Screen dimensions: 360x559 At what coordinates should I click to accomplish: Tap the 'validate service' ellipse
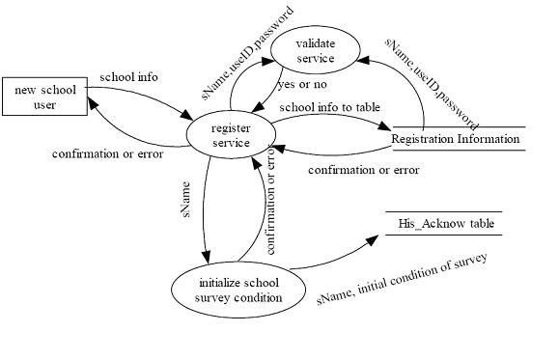click(x=315, y=50)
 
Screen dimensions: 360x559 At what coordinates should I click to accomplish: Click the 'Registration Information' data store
click(x=458, y=139)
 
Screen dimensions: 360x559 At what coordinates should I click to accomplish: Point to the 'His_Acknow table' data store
click(x=445, y=224)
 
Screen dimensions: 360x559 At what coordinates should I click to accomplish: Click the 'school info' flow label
click(x=128, y=76)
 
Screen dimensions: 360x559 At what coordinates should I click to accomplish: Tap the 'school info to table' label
click(x=329, y=106)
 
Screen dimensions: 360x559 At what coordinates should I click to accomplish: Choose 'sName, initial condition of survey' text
click(x=404, y=279)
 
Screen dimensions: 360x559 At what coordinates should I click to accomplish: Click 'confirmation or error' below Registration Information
click(x=363, y=170)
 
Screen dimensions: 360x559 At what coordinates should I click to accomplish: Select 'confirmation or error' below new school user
click(x=107, y=152)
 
